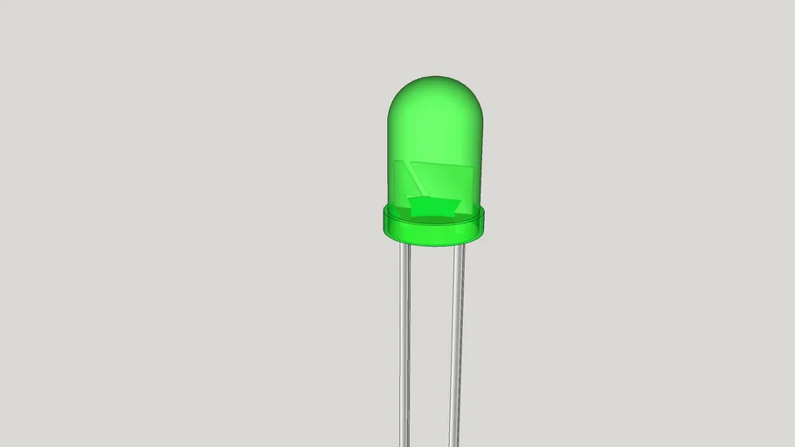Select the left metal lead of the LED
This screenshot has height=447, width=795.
coord(405,349)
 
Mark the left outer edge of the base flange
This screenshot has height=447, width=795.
coord(382,223)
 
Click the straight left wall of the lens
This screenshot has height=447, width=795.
coord(389,157)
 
